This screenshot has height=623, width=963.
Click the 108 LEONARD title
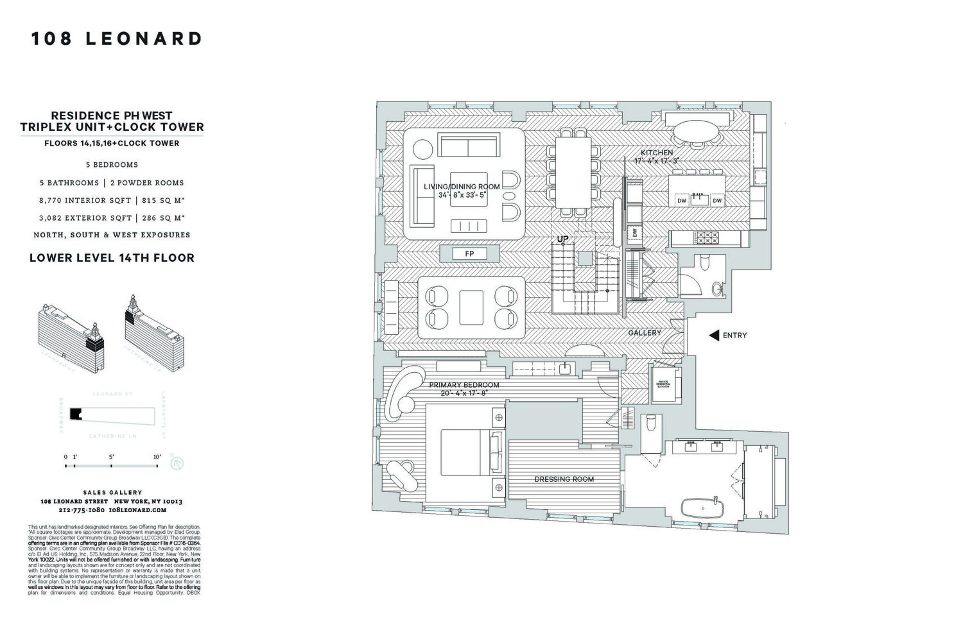tap(117, 39)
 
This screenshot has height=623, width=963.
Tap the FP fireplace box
tap(469, 254)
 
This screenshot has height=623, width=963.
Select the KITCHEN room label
tap(657, 153)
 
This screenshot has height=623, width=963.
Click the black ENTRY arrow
tap(713, 335)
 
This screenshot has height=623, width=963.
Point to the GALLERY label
tap(644, 333)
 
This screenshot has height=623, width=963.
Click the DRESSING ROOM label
tap(564, 479)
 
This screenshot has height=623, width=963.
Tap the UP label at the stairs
tap(562, 239)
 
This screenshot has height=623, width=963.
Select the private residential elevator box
tap(663, 384)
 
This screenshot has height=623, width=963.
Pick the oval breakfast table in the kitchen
tap(696, 135)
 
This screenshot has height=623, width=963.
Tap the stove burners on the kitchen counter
tap(706, 238)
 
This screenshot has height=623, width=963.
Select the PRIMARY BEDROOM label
tap(464, 385)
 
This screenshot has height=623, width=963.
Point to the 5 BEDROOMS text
tap(112, 165)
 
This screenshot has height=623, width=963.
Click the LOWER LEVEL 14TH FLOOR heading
tap(112, 258)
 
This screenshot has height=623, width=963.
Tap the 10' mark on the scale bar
tap(157, 457)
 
